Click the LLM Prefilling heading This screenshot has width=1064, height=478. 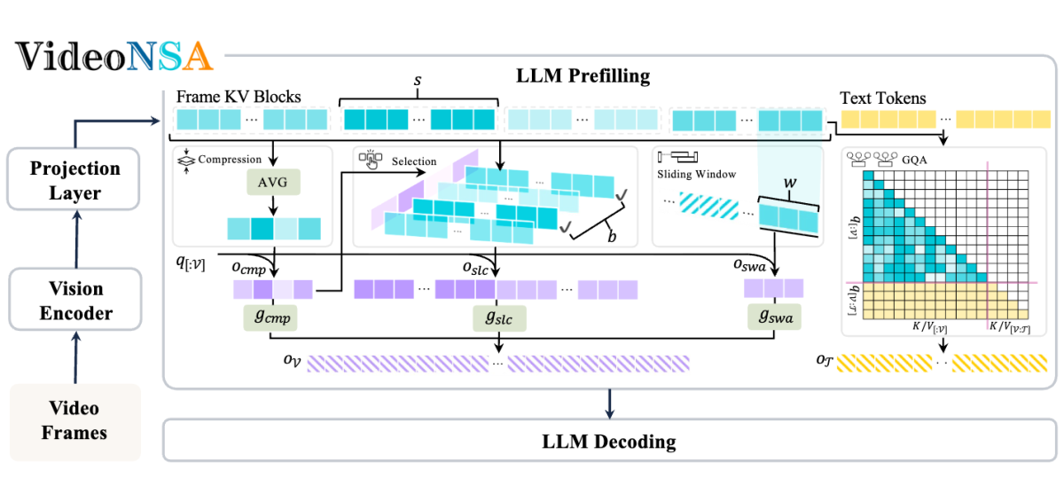[583, 75]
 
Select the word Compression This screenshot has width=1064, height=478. [231, 160]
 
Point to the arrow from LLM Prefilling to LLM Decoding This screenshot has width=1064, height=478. [608, 401]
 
